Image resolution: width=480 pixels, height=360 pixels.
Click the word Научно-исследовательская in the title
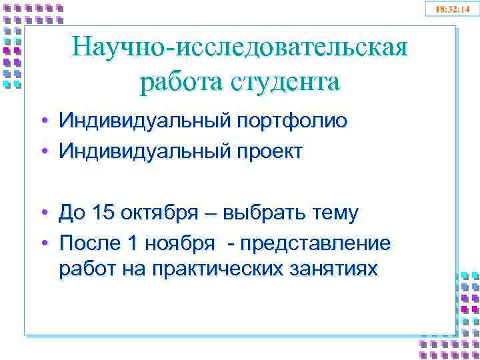point(239,47)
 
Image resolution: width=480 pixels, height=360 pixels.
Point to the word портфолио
point(290,121)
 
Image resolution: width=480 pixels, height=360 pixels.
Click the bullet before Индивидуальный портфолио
point(43,121)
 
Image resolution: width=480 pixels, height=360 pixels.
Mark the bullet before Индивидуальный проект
point(43,151)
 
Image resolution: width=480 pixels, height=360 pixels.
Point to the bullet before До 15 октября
point(43,213)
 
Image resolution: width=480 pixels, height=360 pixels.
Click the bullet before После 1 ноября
point(43,243)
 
